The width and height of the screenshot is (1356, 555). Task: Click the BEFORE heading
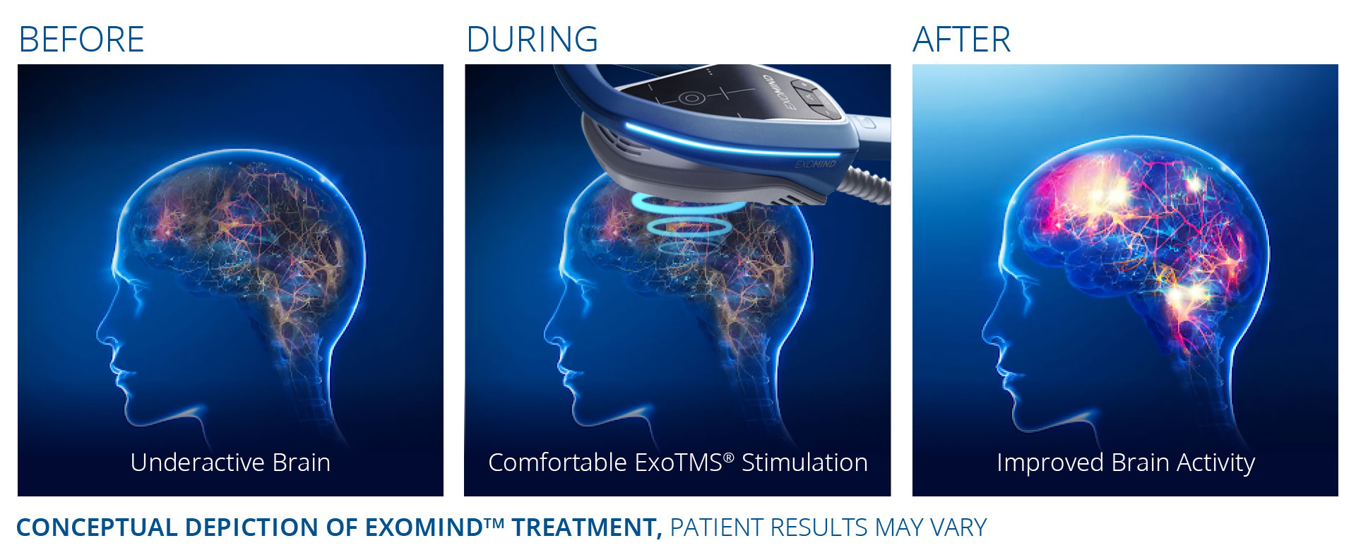click(x=81, y=40)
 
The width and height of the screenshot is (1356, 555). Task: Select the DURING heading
click(x=532, y=40)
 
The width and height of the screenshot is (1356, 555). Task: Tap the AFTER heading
click(x=961, y=40)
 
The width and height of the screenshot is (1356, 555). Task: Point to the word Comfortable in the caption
click(x=557, y=462)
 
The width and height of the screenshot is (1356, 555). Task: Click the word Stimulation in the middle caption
click(x=804, y=462)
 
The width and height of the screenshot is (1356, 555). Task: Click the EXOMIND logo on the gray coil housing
click(x=815, y=165)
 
